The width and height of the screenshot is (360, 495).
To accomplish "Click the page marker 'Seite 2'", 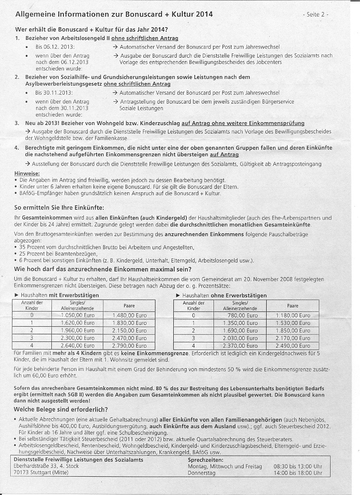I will pos(316,14).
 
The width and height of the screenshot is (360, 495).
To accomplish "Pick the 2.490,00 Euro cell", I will pos(293,346).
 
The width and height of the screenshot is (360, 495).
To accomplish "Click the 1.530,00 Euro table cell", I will pos(293,323).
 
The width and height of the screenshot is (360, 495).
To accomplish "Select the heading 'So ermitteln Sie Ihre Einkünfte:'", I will pos(59,208).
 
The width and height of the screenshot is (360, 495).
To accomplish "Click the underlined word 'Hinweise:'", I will pos(27,173).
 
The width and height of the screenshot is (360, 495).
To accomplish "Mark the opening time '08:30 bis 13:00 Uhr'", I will pos(297,466).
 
